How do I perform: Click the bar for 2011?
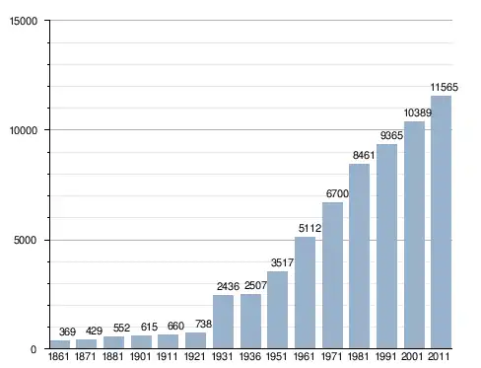(441, 222)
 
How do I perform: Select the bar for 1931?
(223, 322)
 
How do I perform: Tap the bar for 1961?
(305, 292)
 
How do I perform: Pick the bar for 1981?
(359, 256)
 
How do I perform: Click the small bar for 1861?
(60, 344)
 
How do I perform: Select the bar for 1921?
(195, 340)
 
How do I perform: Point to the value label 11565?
(444, 87)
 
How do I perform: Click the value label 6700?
(337, 193)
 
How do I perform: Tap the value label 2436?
(228, 286)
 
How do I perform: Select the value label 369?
(67, 331)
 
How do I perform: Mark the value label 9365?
(391, 135)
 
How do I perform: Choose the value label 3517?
(282, 262)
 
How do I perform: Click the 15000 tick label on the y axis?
(24, 21)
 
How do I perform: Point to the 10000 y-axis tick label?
(24, 130)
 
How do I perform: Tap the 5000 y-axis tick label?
(25, 240)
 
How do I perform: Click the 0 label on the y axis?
(34, 349)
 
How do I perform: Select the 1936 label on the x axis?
(250, 356)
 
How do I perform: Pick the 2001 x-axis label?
(412, 356)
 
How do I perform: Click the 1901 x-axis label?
(140, 356)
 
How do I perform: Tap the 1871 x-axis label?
(86, 356)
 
